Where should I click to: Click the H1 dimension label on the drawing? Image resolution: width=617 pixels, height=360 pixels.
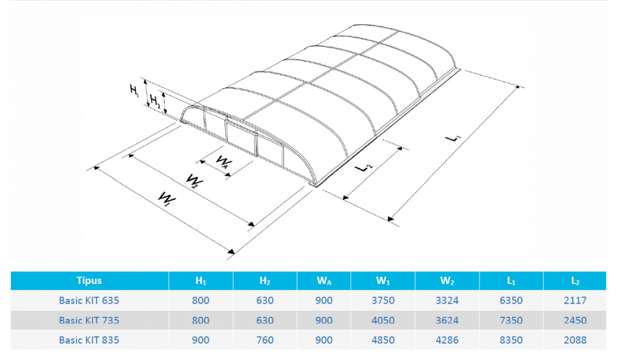(135, 90)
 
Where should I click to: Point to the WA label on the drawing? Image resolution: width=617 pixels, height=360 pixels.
(223, 162)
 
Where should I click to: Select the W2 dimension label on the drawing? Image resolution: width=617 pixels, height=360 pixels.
(195, 181)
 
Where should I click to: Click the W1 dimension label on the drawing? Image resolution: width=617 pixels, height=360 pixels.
(167, 198)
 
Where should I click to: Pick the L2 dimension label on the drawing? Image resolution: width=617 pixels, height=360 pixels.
(363, 167)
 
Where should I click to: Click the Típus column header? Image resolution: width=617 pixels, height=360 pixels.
(89, 280)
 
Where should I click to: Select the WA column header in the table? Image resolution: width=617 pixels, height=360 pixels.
(324, 281)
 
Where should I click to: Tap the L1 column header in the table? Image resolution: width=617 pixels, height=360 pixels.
(511, 281)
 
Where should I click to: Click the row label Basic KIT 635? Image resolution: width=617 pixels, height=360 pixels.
(89, 301)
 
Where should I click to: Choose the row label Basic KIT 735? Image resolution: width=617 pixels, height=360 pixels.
(89, 320)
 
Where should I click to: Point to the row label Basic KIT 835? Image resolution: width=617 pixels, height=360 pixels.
(89, 340)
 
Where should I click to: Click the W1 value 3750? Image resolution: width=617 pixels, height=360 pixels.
(383, 301)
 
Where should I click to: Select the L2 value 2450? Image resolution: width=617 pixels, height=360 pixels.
(575, 320)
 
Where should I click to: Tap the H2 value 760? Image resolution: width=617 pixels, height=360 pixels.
(265, 340)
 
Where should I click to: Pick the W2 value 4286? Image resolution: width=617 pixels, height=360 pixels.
(447, 340)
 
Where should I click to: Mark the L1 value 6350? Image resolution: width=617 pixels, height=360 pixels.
(511, 301)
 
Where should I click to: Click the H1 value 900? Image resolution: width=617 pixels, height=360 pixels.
(201, 340)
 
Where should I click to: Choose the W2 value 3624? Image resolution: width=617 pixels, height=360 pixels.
(447, 320)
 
